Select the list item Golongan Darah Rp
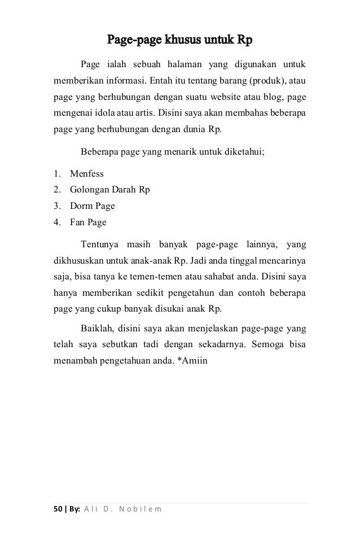point(109,190)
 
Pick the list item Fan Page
point(88,222)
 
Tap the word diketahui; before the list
point(243,151)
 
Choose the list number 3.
point(57,206)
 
